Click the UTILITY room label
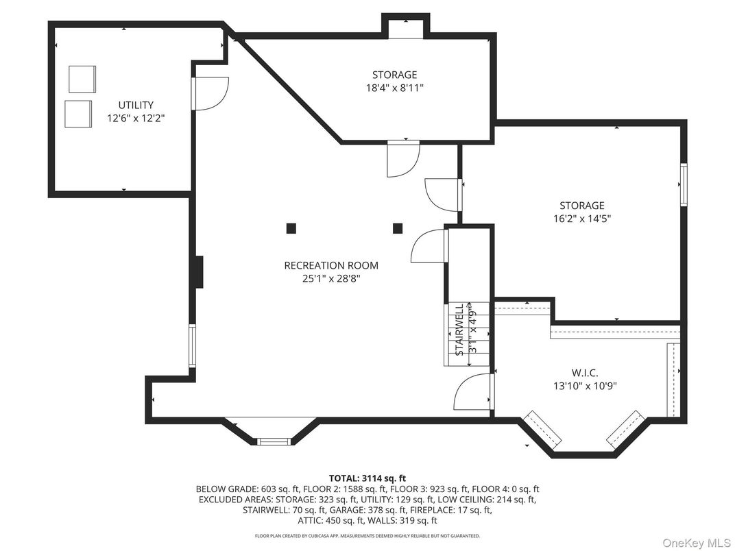point(136,105)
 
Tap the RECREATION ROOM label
point(331,265)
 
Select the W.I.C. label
point(585,373)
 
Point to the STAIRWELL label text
point(460,328)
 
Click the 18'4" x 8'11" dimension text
point(394,88)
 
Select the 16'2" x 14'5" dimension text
point(581,219)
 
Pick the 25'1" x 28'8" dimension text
point(331,278)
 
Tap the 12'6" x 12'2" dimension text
point(136,118)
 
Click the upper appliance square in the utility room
point(82,79)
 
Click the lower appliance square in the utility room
point(78,113)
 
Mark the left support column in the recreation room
point(291,228)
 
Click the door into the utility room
point(209,93)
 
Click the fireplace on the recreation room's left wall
point(198,272)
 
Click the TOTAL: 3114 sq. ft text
point(367,478)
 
